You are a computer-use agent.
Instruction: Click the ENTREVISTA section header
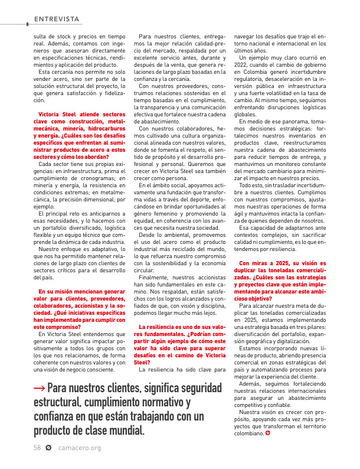point(57,19)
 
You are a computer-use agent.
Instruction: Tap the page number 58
point(37,448)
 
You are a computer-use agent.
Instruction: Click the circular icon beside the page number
point(48,448)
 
